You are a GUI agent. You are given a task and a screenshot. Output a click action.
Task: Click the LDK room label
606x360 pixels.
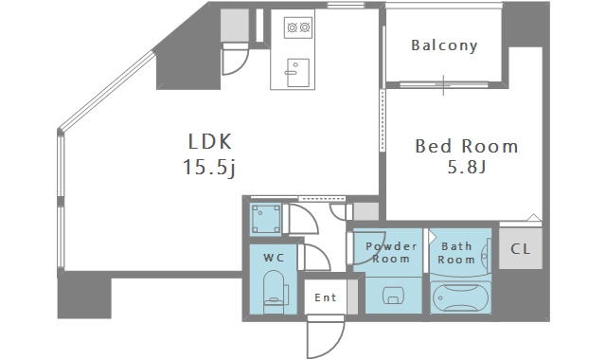pos(210,141)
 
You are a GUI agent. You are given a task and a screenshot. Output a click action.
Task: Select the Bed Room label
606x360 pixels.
pos(467,146)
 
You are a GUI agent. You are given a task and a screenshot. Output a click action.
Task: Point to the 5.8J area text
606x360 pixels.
pos(467,167)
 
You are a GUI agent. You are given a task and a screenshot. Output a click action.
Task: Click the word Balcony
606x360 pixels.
pos(444,45)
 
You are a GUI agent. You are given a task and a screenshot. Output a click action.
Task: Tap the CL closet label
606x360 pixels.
pos(520,249)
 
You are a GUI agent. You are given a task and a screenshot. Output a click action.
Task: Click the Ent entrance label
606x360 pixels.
pos(325,297)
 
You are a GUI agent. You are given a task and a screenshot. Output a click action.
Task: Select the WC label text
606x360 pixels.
pos(274,258)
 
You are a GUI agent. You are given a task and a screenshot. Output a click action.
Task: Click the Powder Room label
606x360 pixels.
pos(391,253)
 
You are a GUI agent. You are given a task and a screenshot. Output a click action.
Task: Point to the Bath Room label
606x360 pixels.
pos(456,253)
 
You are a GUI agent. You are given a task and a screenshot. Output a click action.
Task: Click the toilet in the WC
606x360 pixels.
pos(275,292)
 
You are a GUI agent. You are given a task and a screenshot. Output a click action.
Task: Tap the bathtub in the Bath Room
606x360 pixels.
pos(460,297)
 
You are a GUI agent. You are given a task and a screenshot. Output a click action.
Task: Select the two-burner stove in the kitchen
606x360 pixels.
pos(298,27)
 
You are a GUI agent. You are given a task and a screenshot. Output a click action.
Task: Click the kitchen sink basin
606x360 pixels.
pos(298,72)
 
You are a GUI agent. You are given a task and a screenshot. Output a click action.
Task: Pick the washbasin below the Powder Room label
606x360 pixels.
pos(393,296)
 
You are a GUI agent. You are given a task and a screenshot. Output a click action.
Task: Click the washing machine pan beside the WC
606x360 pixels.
pos(266,219)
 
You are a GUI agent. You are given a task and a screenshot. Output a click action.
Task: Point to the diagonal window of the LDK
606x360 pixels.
pos(106,91)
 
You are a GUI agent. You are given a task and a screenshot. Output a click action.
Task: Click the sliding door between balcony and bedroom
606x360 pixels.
pos(444,84)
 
